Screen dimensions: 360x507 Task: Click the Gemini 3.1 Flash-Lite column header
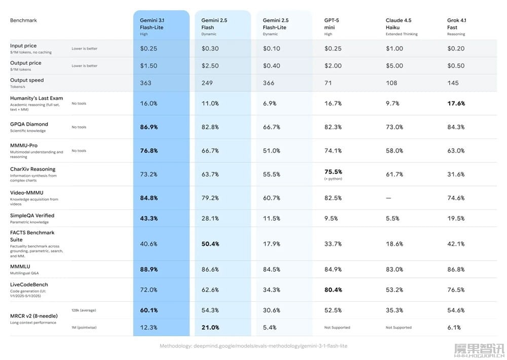click(x=152, y=24)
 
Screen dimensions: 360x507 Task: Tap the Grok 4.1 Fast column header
click(x=456, y=24)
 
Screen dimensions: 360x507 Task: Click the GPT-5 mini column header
click(x=333, y=24)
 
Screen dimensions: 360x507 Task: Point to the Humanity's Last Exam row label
click(x=36, y=97)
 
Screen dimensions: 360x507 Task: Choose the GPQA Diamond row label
click(x=29, y=124)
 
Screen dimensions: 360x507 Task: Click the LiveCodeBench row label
click(x=29, y=284)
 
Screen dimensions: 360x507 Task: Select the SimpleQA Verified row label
click(x=32, y=215)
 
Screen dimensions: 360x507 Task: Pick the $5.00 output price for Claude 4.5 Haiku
click(x=394, y=66)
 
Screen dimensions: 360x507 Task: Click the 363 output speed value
click(x=146, y=83)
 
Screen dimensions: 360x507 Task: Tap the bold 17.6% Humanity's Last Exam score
click(x=456, y=103)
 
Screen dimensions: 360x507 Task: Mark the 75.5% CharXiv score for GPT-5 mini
click(x=333, y=172)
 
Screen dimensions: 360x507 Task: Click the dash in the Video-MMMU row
click(x=388, y=198)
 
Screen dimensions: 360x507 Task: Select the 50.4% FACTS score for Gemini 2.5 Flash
click(x=210, y=244)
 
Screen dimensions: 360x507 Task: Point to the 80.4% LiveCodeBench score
click(x=333, y=290)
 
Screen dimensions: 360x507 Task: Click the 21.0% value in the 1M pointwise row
click(x=210, y=328)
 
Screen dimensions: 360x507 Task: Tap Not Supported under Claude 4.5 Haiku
click(x=399, y=328)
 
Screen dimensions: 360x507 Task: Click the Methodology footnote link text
click(x=253, y=346)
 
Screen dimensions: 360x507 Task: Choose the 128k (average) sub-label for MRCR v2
click(x=84, y=310)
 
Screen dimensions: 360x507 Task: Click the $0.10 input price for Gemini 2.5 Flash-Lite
click(x=271, y=49)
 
